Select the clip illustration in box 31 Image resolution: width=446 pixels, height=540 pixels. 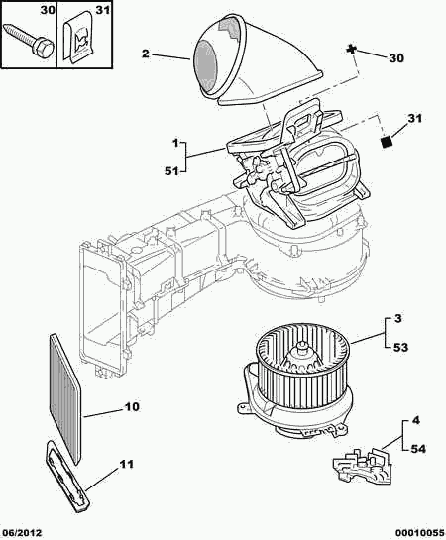coord(79,38)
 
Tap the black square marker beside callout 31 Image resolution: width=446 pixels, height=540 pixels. coord(387,142)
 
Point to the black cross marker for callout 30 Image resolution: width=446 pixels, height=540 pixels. coord(351,51)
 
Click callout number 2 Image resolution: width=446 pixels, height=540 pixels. coord(146,54)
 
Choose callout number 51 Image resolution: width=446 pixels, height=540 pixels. coord(172,170)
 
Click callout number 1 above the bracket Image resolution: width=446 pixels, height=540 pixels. coord(175,143)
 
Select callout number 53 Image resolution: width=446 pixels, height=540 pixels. coord(400,347)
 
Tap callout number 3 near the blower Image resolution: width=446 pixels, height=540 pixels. coord(397,319)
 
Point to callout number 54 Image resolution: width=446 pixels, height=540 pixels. coord(418,449)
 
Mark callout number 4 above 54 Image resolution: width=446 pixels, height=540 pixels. coord(416,420)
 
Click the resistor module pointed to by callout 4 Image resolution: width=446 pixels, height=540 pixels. coord(363,464)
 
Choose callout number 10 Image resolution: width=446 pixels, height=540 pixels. coord(132,406)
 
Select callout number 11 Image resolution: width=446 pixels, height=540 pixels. coord(126,465)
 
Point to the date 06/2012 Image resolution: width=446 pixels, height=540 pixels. coord(22,533)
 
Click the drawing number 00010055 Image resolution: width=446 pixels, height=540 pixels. coord(420,533)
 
